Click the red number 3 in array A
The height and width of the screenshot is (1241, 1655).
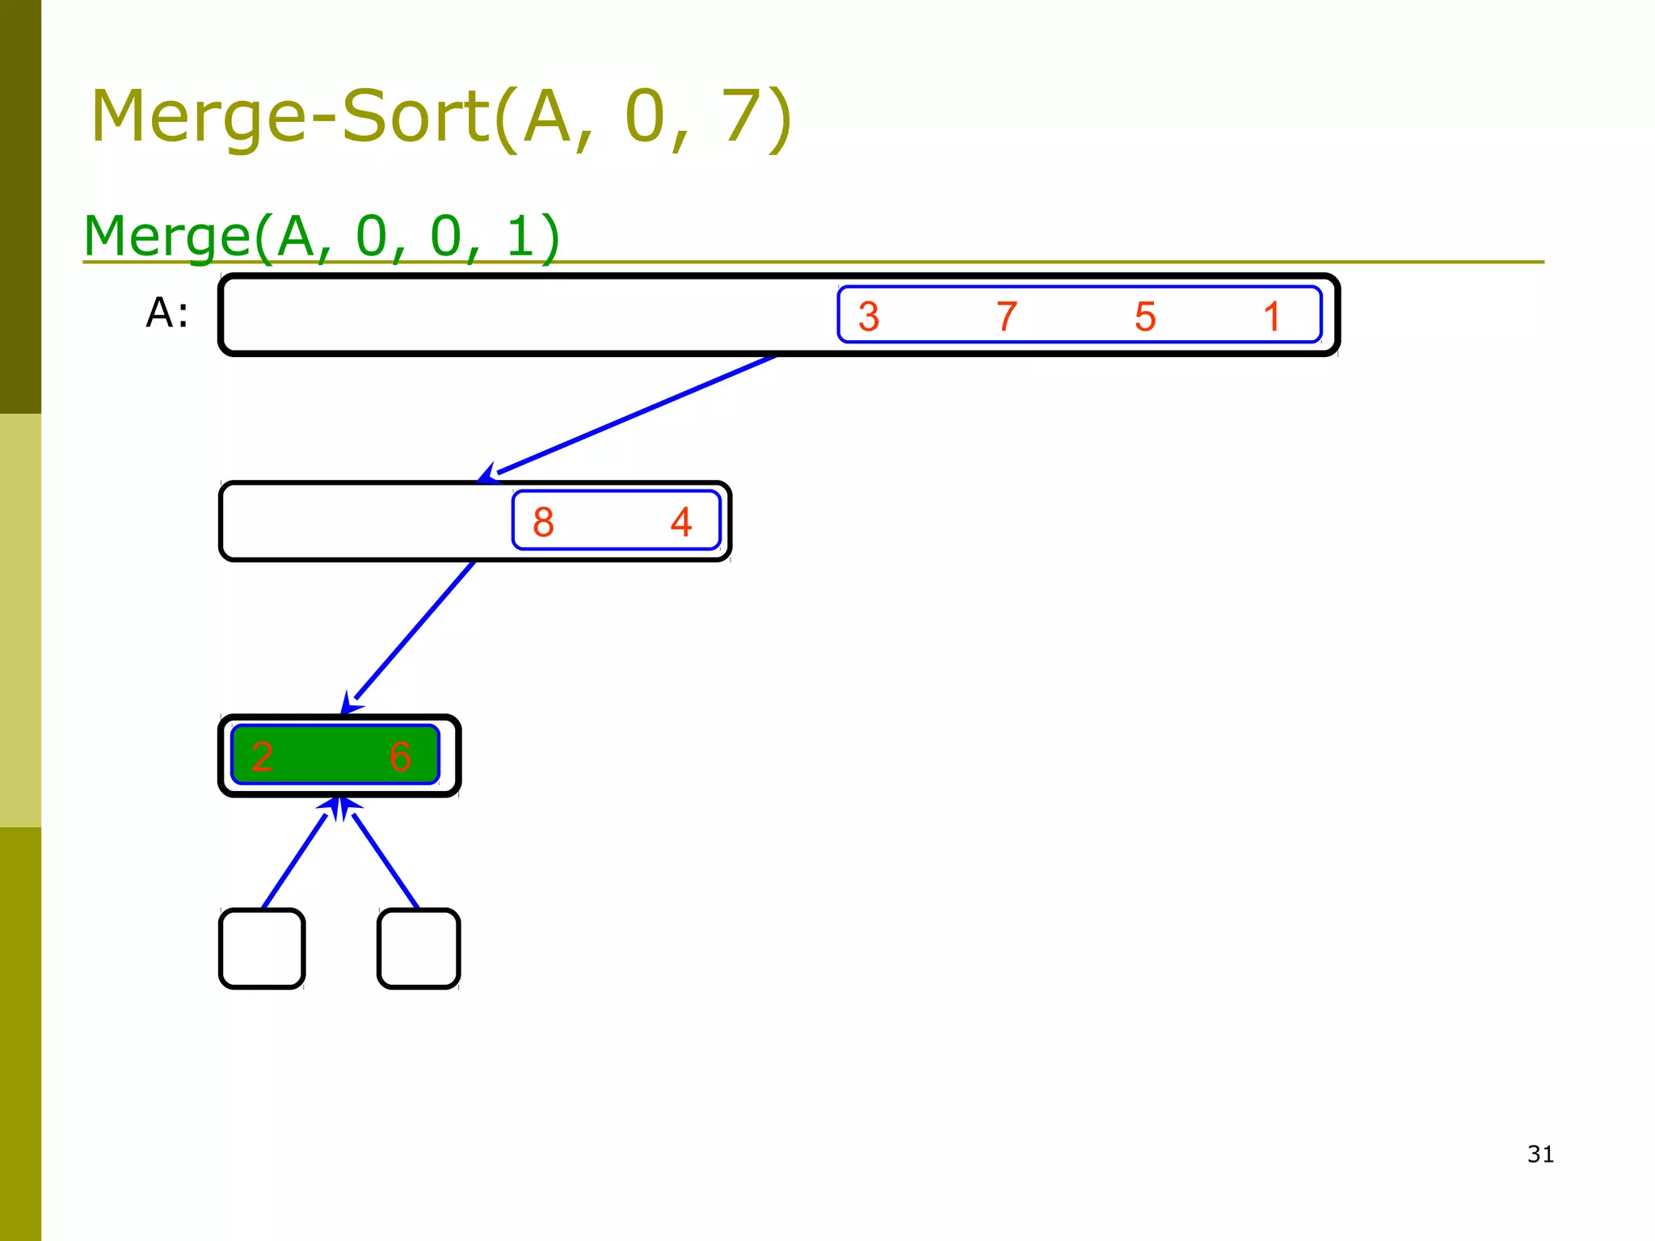869,317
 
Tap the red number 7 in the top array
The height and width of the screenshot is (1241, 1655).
1006,317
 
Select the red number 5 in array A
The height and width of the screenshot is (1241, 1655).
1145,317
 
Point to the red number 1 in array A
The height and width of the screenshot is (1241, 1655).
1272,317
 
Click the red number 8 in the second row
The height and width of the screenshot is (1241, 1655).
543,522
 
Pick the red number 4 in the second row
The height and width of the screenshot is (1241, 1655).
681,522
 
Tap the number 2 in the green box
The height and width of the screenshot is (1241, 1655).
262,757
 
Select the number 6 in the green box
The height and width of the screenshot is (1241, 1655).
400,757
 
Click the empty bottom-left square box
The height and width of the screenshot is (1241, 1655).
262,949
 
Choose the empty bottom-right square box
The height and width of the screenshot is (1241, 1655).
419,949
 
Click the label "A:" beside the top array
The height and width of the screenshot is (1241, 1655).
167,313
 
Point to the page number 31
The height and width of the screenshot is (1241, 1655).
1540,1154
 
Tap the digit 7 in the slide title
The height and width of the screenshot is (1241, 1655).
743,117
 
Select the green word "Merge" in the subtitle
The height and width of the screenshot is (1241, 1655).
167,237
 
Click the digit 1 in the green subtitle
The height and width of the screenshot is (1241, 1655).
522,237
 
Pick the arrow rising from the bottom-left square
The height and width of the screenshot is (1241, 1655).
295,860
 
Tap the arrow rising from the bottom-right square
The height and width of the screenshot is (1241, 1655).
385,860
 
